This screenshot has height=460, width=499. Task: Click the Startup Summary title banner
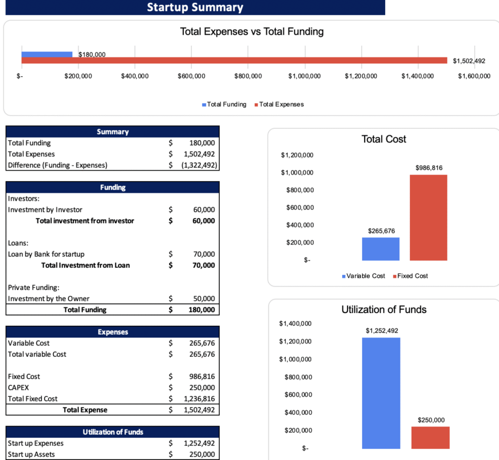pyautogui.click(x=194, y=8)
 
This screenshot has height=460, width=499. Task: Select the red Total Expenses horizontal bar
pyautogui.click(x=234, y=60)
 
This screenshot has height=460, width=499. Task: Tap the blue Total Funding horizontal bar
pyautogui.click(x=47, y=54)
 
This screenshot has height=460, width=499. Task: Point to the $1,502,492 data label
pyautogui.click(x=469, y=61)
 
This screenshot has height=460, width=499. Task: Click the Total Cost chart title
pyautogui.click(x=383, y=139)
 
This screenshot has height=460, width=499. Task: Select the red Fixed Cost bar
pyautogui.click(x=428, y=217)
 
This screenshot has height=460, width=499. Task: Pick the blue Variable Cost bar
pyautogui.click(x=380, y=249)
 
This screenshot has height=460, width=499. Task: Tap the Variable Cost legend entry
pyautogui.click(x=363, y=275)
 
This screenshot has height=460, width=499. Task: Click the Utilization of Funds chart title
pyautogui.click(x=383, y=309)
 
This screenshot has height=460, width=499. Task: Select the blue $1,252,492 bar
pyautogui.click(x=380, y=393)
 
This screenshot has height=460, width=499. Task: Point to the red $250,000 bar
pyautogui.click(x=430, y=437)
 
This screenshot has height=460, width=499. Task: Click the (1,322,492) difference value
pyautogui.click(x=200, y=165)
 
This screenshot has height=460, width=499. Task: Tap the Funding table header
pyautogui.click(x=112, y=188)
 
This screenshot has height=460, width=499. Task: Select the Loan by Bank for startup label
pyautogui.click(x=46, y=254)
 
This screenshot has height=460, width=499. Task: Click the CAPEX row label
pyautogui.click(x=19, y=387)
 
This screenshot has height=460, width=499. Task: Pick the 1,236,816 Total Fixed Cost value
pyautogui.click(x=200, y=398)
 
